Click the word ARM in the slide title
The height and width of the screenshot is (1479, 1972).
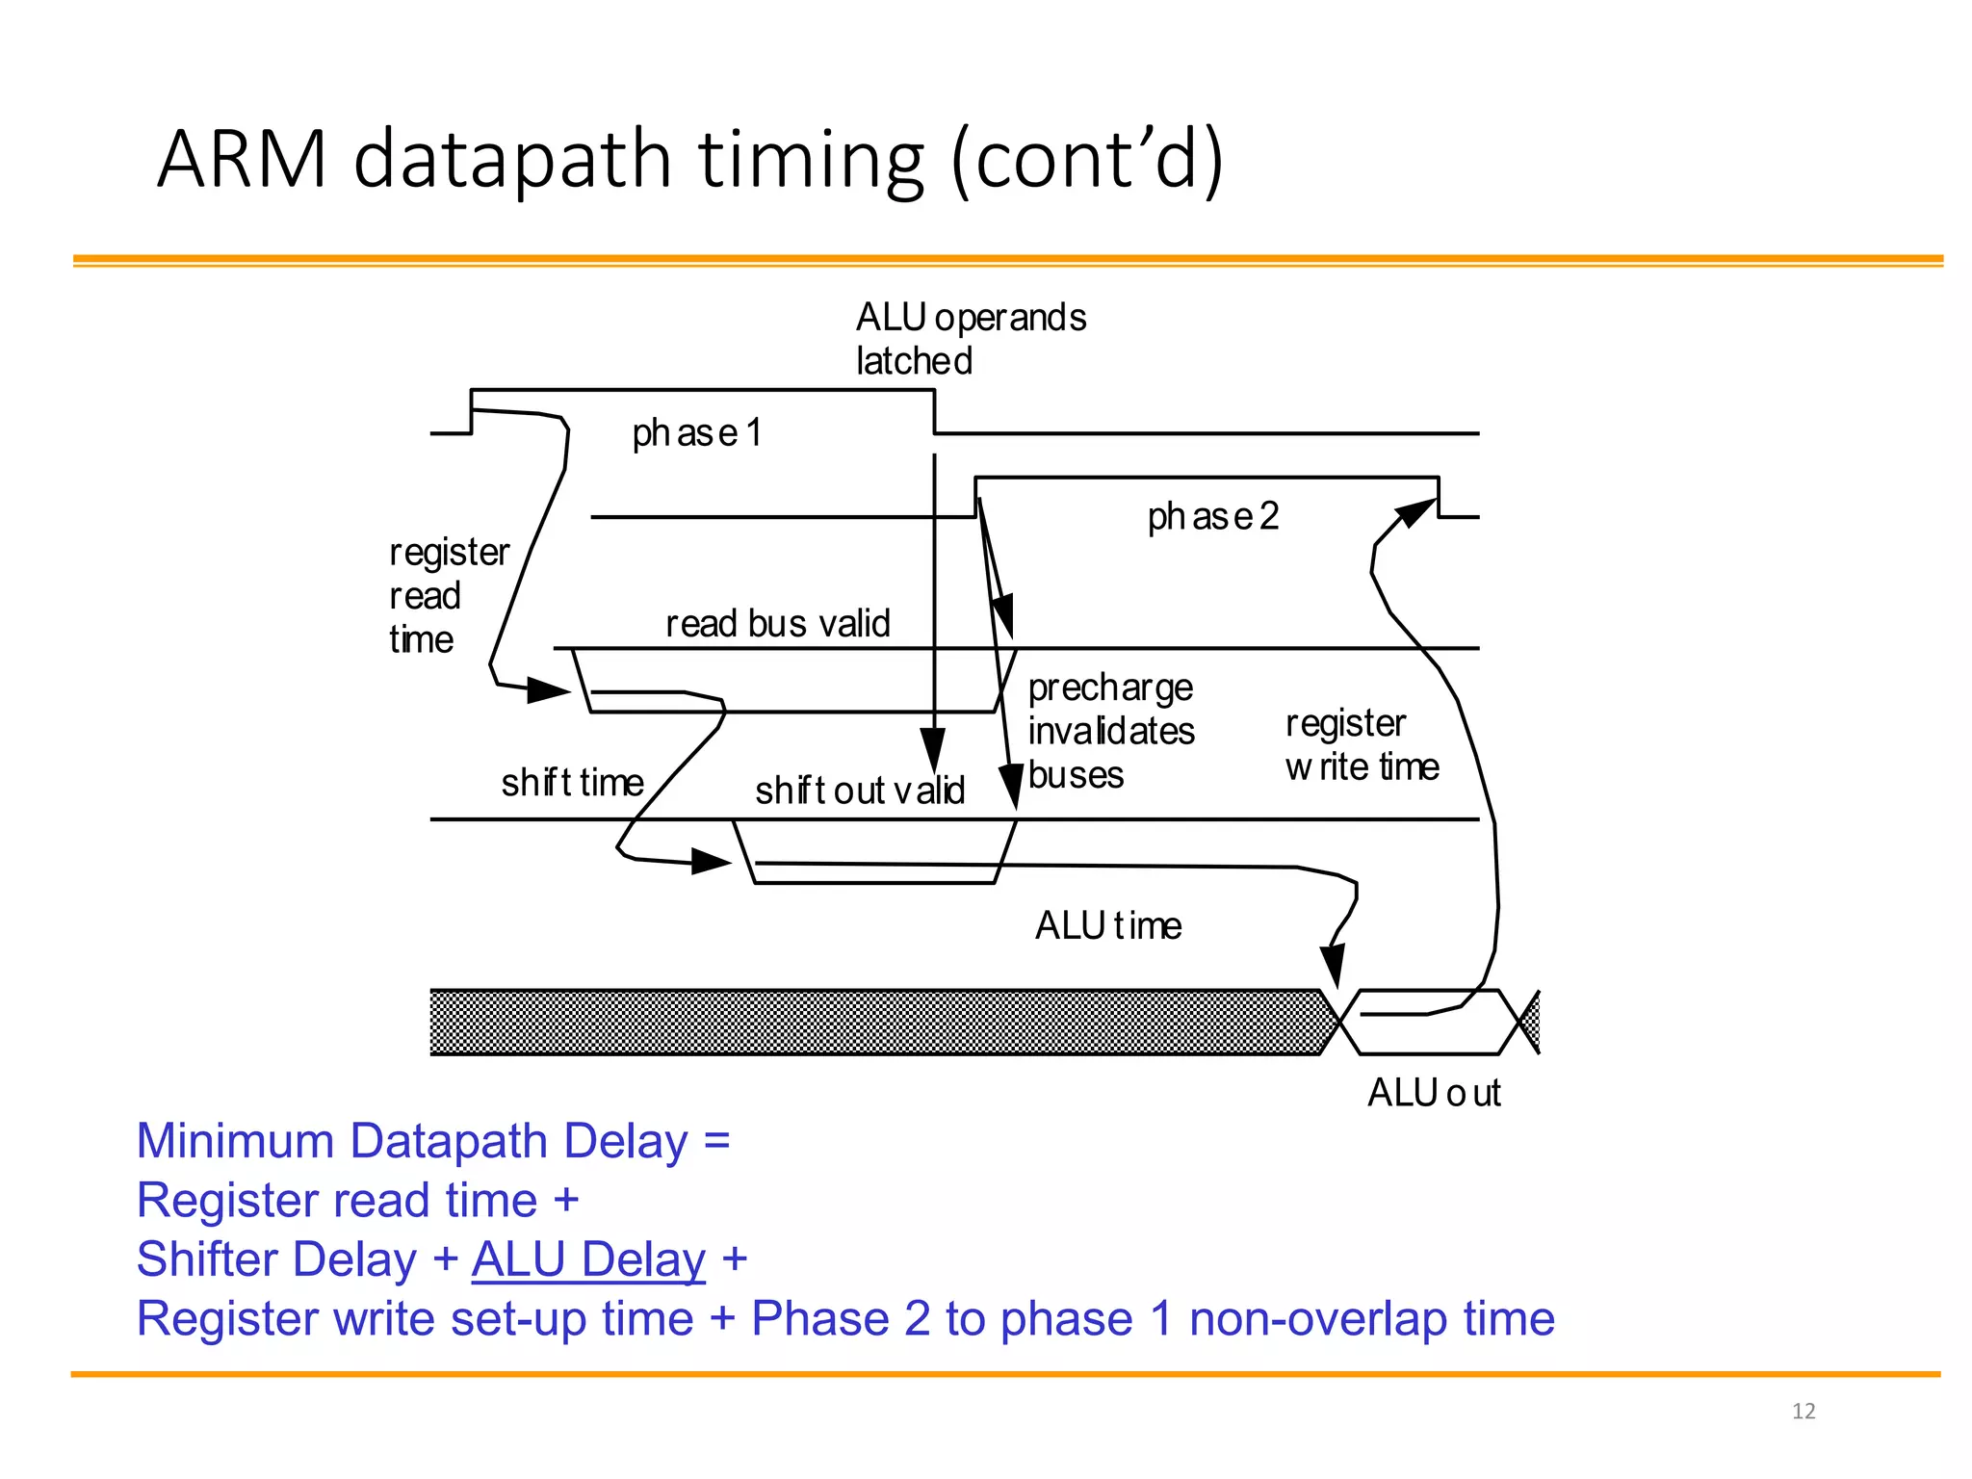point(242,159)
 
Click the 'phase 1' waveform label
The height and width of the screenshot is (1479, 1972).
point(696,432)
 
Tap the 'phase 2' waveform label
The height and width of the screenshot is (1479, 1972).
point(1212,516)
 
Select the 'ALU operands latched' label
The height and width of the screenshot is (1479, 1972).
point(970,338)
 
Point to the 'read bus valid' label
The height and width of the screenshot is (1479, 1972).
point(777,623)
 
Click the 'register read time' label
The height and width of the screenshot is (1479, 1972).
point(448,595)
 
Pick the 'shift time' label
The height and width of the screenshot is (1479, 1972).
point(572,782)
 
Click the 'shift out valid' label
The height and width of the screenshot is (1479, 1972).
point(859,791)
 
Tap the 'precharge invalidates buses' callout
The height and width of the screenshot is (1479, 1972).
point(1110,731)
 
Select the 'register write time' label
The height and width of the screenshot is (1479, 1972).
point(1362,744)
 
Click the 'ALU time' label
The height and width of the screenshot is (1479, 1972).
point(1107,925)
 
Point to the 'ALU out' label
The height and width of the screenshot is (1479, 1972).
point(1433,1093)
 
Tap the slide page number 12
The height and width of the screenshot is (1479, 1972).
point(1803,1411)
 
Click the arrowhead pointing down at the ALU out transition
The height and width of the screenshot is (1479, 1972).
point(1333,966)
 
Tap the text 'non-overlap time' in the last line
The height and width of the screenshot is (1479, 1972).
point(1371,1318)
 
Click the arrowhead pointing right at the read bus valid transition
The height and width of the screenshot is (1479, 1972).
point(549,689)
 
